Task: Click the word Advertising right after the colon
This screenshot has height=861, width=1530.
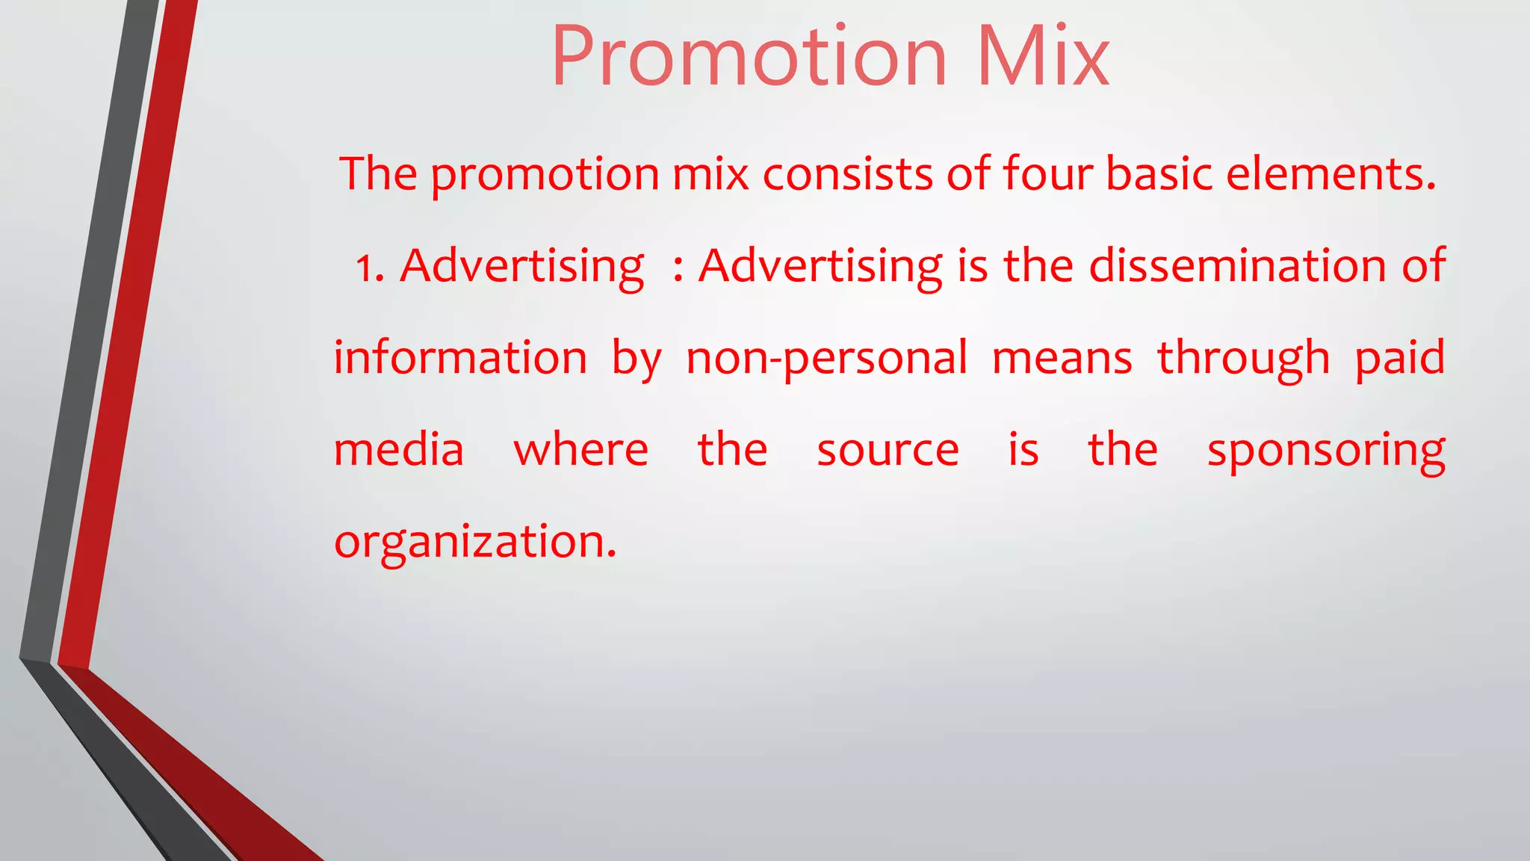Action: (x=820, y=267)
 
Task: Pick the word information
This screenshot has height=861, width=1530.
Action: (x=460, y=358)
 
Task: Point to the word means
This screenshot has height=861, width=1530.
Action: (x=1062, y=358)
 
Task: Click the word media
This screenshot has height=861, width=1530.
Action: (x=399, y=450)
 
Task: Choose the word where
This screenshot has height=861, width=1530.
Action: (x=580, y=450)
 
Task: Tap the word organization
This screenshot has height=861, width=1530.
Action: (x=475, y=543)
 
